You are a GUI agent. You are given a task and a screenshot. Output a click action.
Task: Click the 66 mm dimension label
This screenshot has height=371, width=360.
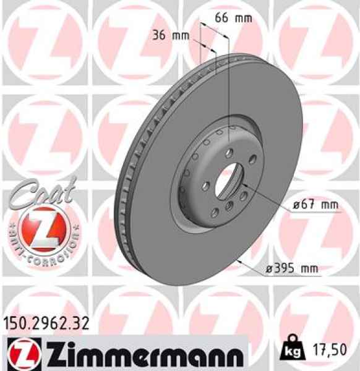[233, 18]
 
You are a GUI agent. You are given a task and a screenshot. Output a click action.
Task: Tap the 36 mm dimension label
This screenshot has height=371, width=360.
[170, 35]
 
